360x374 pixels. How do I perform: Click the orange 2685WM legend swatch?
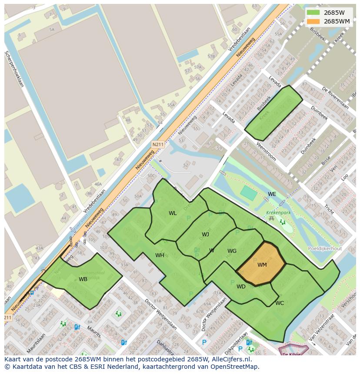tap(313, 21)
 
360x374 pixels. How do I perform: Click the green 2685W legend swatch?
tap(313, 13)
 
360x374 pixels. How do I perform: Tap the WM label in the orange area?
tap(262, 265)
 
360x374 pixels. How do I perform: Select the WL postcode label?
tap(173, 213)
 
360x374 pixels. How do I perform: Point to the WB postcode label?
tap(83, 279)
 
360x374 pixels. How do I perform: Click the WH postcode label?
tap(160, 255)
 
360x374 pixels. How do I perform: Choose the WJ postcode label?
tap(205, 235)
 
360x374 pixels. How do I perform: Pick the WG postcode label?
tap(232, 251)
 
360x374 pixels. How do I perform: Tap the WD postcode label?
tap(241, 287)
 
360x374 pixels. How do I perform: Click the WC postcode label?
tap(280, 303)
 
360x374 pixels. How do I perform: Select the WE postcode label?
tap(272, 194)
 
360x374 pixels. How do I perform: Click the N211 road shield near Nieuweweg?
tap(158, 144)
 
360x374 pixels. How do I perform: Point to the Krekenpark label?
tap(278, 213)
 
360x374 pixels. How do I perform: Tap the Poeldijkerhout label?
tap(324, 249)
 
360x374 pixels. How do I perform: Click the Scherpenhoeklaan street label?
tap(14, 69)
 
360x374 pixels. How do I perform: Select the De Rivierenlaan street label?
tap(335, 99)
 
